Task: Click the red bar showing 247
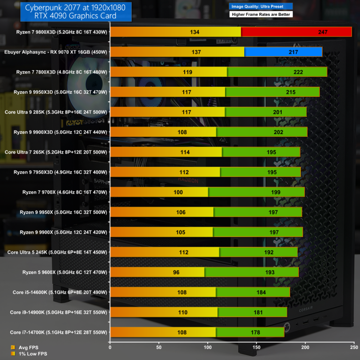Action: tap(296, 32)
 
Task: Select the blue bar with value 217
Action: tap(283, 52)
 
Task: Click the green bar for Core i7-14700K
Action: tap(250, 332)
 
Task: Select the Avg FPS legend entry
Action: tap(29, 347)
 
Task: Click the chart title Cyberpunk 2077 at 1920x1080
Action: tap(72, 7)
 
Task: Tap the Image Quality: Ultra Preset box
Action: tap(261, 7)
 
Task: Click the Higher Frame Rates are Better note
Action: tap(261, 15)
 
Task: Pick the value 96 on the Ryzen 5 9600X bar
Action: tap(189, 272)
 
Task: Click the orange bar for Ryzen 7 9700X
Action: tap(159, 192)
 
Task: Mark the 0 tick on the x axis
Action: tap(110, 347)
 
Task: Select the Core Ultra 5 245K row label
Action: tap(57, 252)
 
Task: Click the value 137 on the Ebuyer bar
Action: tap(196, 52)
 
